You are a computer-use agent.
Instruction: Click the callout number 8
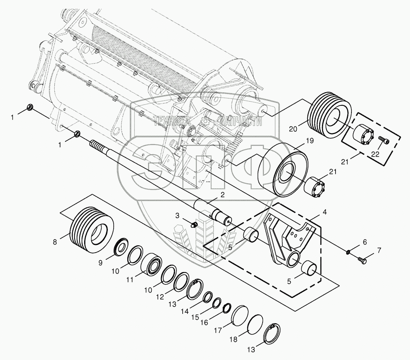(x=55, y=242)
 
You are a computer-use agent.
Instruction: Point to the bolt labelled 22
(x=383, y=140)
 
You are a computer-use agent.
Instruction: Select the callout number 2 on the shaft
(x=223, y=195)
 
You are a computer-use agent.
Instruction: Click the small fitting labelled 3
(x=194, y=225)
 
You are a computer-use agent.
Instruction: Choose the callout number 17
(x=218, y=331)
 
